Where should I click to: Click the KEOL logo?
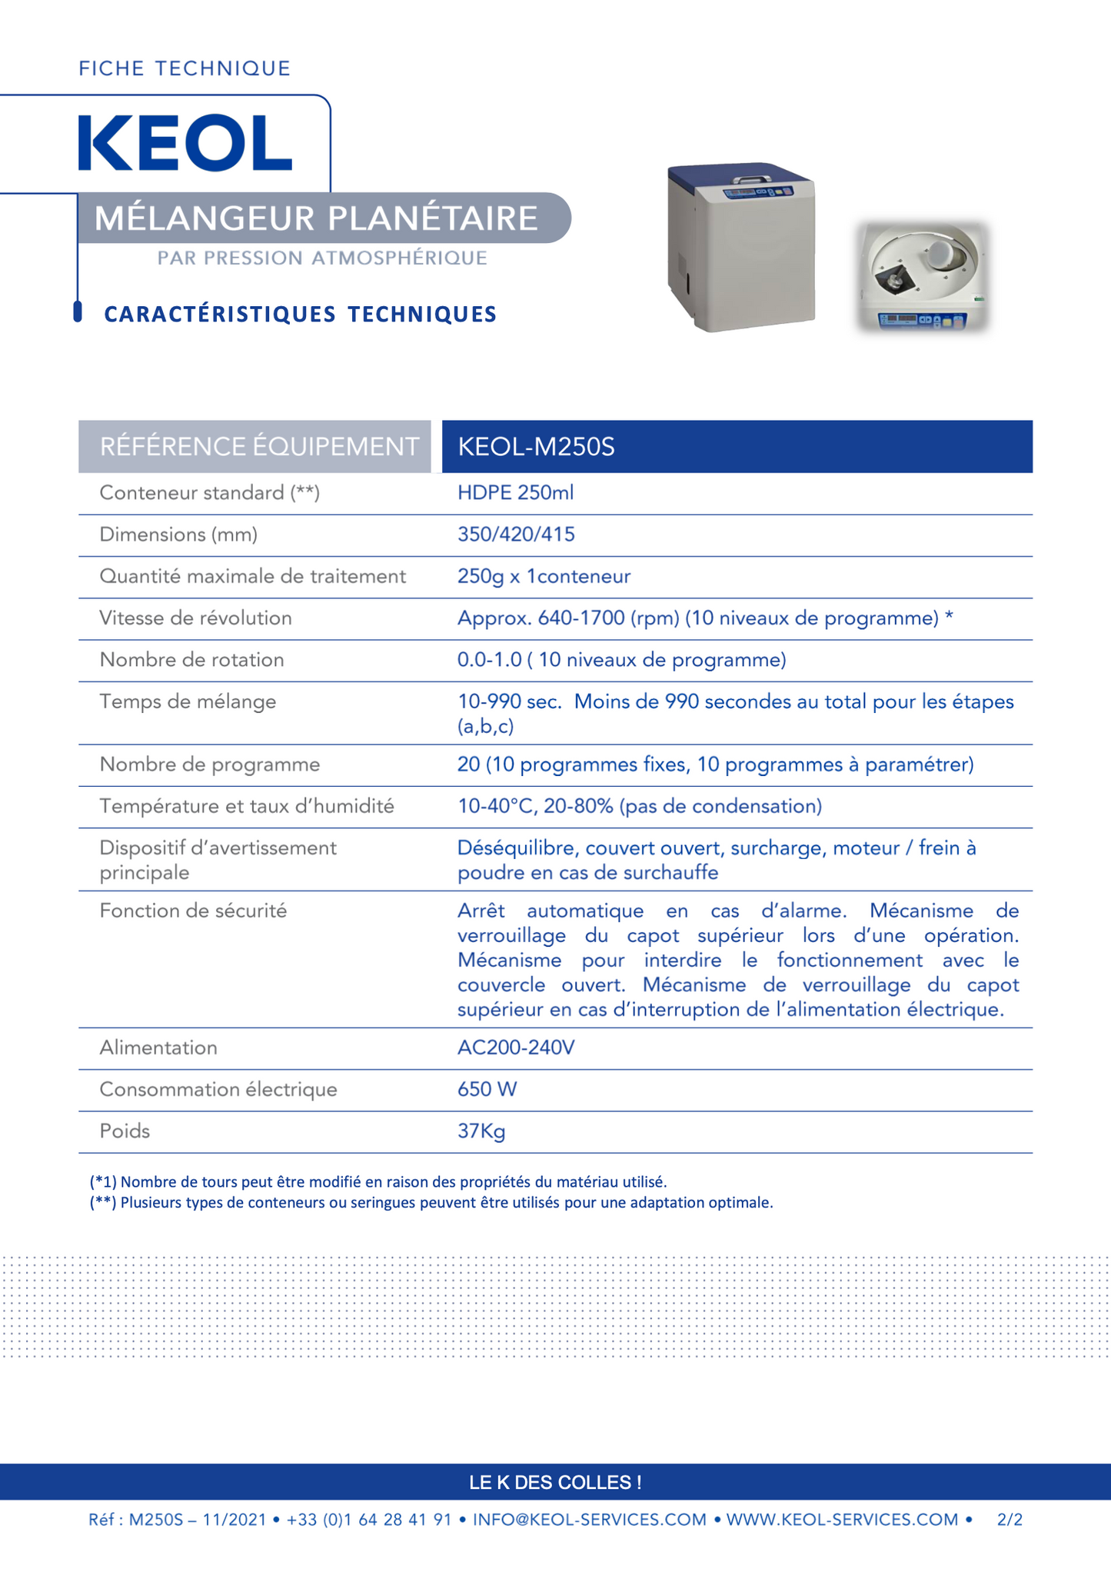tap(185, 143)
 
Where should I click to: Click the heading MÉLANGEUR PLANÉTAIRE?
tap(316, 218)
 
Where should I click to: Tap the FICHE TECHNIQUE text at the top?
tap(185, 68)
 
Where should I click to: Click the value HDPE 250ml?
tap(515, 493)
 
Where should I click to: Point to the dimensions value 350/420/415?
tap(516, 535)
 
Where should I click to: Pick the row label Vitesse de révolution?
tap(195, 618)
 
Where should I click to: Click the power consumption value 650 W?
tap(487, 1090)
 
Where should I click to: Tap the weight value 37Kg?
tap(481, 1131)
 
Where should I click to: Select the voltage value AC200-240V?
tap(516, 1048)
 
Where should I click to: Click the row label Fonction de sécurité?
tap(193, 911)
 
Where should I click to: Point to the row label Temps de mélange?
tap(188, 701)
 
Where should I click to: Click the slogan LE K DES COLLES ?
tap(555, 1482)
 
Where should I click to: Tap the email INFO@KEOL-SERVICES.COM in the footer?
tap(589, 1520)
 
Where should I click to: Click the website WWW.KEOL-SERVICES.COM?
tap(842, 1520)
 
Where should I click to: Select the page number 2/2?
tap(1010, 1520)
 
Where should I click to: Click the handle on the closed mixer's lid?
tap(751, 178)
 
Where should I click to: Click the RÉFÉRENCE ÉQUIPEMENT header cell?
tap(259, 447)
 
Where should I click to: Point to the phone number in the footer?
tap(369, 1520)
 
